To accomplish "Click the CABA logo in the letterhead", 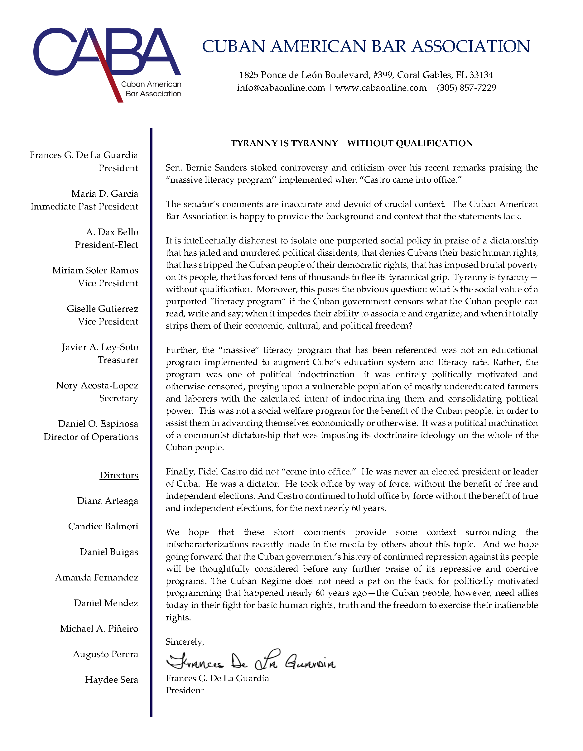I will coord(107,62).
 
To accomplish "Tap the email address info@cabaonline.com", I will coord(281,88).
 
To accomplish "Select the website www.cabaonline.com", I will coord(380,88).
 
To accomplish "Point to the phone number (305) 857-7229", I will coord(466,88).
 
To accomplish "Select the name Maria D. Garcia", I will coord(104,194).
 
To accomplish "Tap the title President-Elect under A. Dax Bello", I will coord(107,245).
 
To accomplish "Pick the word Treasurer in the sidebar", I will coord(118,360).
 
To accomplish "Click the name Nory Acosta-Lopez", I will coord(97,385).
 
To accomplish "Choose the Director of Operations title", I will coord(91,437).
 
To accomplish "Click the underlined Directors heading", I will coord(119,475).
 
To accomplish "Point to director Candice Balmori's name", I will coord(103,527).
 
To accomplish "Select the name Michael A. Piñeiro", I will coord(99,628).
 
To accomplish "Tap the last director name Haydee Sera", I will coord(111,680).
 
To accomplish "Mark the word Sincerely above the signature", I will coord(185,642).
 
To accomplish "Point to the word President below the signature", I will coord(185,691).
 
